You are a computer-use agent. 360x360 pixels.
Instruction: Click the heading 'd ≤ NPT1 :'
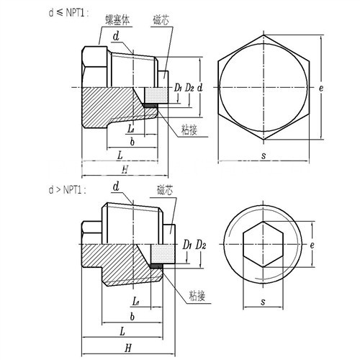[x=68, y=13]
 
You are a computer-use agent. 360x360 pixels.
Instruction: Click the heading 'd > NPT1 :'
[x=67, y=190]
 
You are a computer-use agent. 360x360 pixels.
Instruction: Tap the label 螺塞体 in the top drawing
[x=117, y=20]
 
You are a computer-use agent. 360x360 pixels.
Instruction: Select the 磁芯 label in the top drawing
[x=161, y=20]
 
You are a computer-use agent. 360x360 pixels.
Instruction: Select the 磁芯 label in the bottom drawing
[x=165, y=190]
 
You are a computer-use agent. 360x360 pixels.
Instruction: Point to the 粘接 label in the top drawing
[x=189, y=130]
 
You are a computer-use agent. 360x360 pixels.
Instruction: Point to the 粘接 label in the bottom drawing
[x=197, y=296]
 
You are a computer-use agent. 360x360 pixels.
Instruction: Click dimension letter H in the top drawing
[x=125, y=169]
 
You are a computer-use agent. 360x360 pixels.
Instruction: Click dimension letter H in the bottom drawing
[x=128, y=348]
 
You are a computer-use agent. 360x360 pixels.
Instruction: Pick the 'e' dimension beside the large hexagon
[x=321, y=89]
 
